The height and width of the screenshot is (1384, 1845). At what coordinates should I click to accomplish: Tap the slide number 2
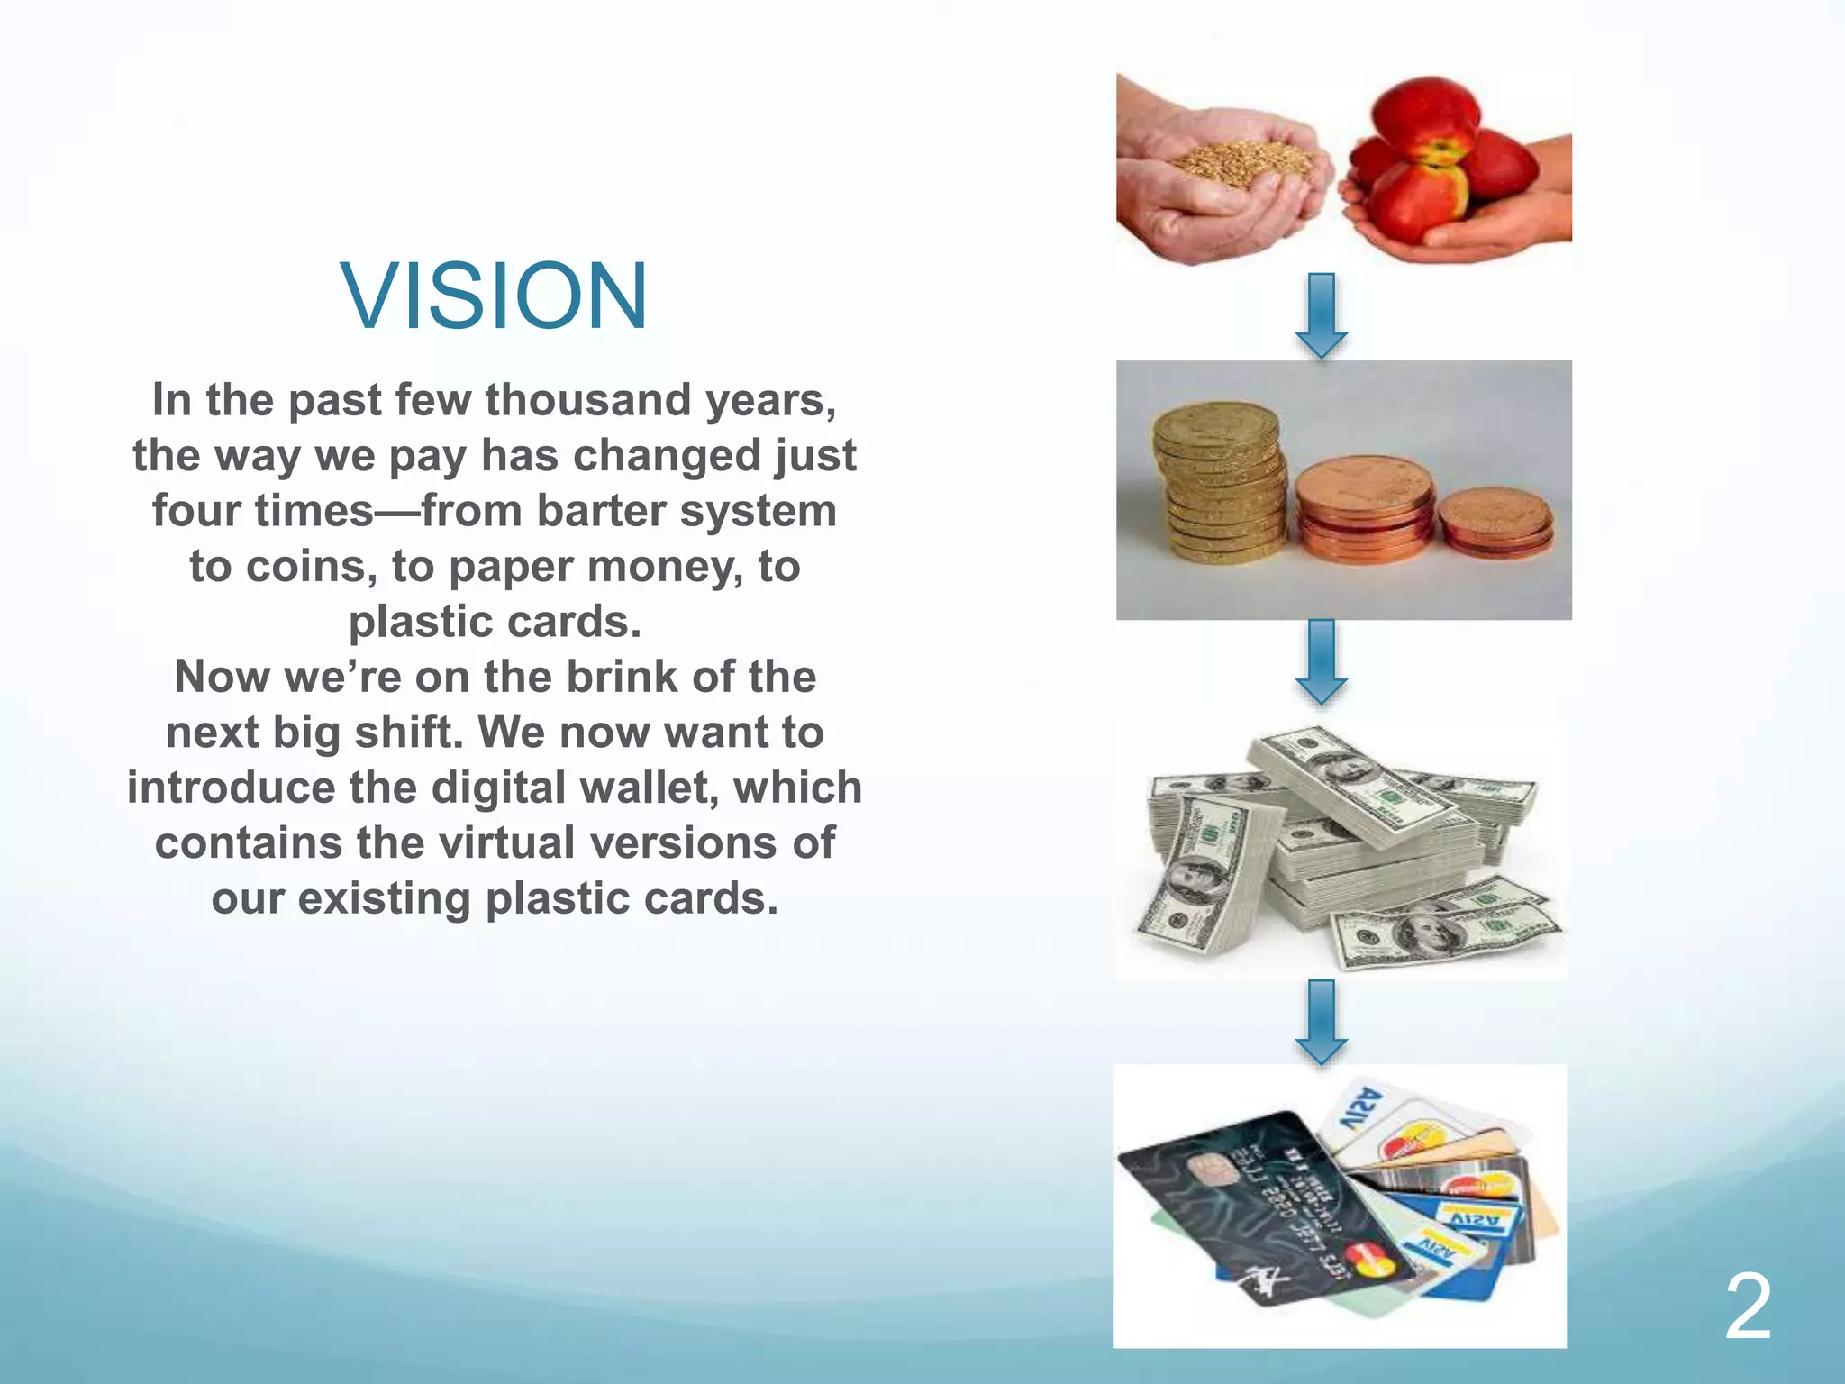coord(1748,1307)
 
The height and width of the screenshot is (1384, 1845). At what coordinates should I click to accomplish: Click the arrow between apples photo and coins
coord(1321,315)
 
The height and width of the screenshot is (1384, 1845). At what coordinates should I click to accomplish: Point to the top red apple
coord(1423,117)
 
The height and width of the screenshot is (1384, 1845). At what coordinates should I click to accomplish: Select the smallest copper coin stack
coord(1495,523)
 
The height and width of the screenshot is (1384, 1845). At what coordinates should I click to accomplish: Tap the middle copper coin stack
coord(1365,509)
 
